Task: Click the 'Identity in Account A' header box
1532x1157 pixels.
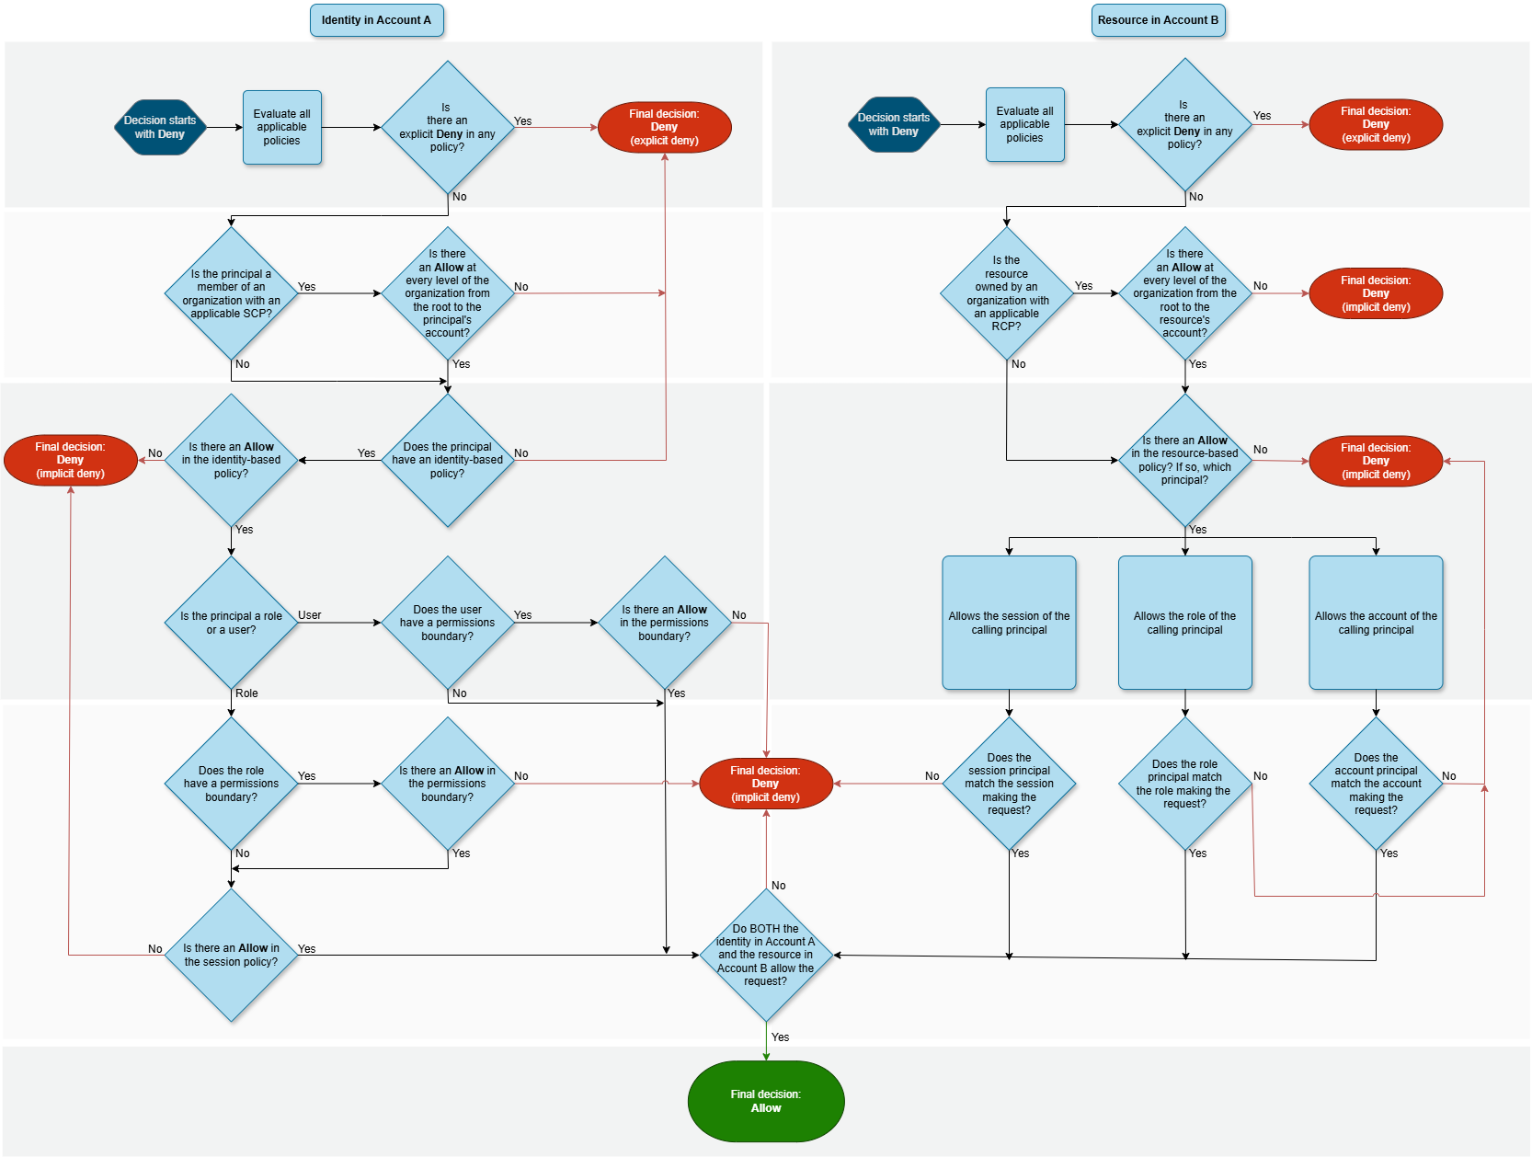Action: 376,20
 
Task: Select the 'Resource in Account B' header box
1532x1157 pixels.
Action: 1158,20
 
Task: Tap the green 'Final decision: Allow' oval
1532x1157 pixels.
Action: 765,1101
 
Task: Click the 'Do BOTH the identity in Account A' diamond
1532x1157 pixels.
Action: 765,955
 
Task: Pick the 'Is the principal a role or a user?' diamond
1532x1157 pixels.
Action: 231,623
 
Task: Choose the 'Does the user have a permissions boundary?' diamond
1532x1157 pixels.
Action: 447,623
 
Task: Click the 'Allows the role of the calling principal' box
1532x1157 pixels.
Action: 1184,623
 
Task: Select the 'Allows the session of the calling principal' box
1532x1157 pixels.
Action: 1009,623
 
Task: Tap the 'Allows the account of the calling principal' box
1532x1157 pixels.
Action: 1376,623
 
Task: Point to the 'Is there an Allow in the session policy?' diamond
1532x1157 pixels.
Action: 231,955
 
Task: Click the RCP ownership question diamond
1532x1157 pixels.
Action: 1006,293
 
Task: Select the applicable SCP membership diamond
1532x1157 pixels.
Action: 231,293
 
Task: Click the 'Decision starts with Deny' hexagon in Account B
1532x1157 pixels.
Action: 893,124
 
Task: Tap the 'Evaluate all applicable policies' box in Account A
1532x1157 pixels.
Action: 281,127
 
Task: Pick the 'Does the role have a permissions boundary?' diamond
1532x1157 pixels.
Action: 231,784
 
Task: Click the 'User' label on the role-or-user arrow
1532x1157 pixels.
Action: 310,615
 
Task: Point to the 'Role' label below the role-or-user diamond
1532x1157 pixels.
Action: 246,693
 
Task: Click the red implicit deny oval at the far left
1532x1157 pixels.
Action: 70,460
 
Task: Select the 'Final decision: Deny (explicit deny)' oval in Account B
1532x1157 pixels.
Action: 1375,124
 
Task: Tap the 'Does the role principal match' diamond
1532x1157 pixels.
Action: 1184,784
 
